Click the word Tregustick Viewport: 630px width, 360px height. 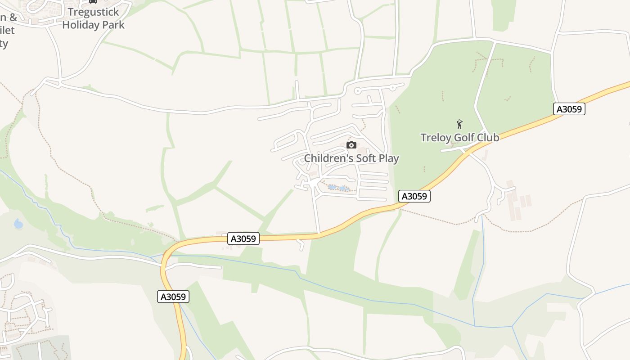(x=93, y=12)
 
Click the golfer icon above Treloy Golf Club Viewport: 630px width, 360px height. (x=459, y=124)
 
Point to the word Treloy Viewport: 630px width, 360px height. (x=435, y=138)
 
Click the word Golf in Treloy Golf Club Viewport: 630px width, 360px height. (x=463, y=138)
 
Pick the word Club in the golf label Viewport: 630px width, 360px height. (x=488, y=138)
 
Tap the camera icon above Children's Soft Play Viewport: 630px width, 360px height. (x=351, y=145)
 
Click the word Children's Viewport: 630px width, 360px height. (x=328, y=158)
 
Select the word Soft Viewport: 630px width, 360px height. (x=367, y=158)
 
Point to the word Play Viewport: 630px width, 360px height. (x=389, y=158)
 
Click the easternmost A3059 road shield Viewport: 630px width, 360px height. (x=569, y=109)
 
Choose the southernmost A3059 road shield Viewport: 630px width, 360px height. (x=173, y=297)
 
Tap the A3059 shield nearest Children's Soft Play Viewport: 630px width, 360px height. (x=414, y=196)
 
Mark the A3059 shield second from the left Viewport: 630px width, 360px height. (x=243, y=238)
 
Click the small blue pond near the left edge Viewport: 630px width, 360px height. (x=18, y=224)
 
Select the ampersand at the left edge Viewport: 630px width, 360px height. (x=13, y=18)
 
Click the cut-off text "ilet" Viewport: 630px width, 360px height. (x=8, y=30)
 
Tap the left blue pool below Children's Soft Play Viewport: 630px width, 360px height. (x=332, y=187)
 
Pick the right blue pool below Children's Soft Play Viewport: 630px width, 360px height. (x=343, y=188)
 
